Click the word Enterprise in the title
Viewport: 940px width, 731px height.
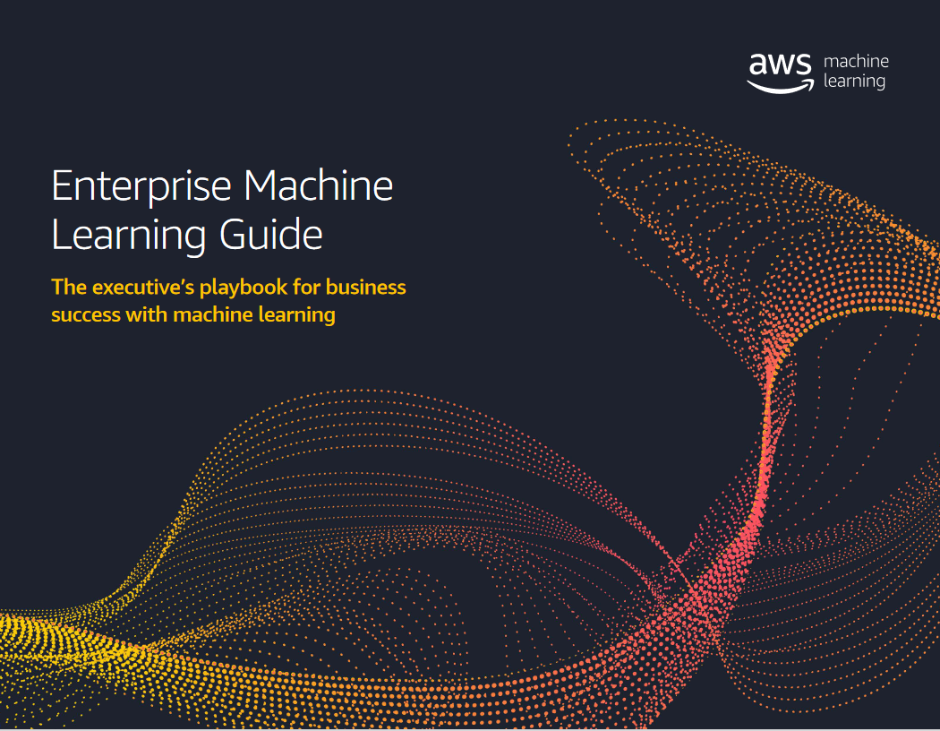pyautogui.click(x=141, y=187)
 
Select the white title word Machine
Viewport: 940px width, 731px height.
pyautogui.click(x=319, y=185)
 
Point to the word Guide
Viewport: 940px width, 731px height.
pyautogui.click(x=271, y=234)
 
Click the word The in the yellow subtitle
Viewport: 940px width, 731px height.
pyautogui.click(x=69, y=287)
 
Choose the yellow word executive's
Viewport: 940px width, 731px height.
pyautogui.click(x=143, y=287)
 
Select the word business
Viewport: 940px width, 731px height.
pyautogui.click(x=365, y=287)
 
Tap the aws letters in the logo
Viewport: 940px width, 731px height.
pyautogui.click(x=780, y=64)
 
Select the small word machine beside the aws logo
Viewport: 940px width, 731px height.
pyautogui.click(x=856, y=61)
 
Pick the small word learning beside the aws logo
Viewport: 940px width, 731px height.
pyautogui.click(x=854, y=81)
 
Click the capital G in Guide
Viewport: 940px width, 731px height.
pyautogui.click(x=233, y=234)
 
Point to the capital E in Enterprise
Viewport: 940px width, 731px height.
pyautogui.click(x=62, y=186)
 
